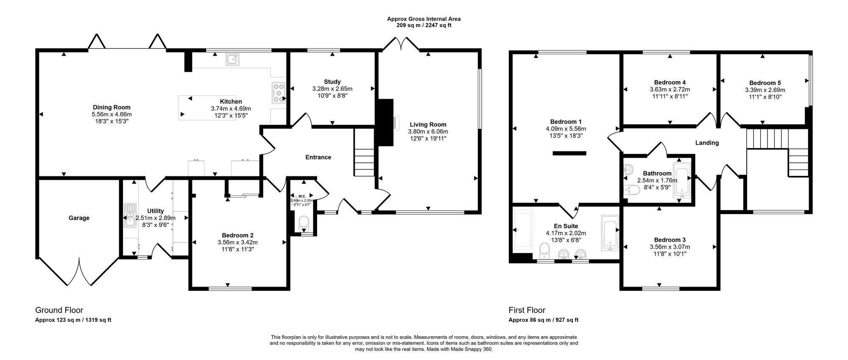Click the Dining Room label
(x=112, y=107)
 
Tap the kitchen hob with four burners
(x=278, y=92)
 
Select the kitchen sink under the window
(x=232, y=59)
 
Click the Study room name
(x=332, y=82)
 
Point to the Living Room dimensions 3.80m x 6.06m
(x=428, y=131)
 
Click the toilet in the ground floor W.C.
(x=304, y=222)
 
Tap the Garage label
(x=79, y=218)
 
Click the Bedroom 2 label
(x=237, y=235)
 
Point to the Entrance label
(x=318, y=157)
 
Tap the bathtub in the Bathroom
(x=682, y=184)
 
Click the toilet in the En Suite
(x=543, y=251)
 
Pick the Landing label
(x=707, y=143)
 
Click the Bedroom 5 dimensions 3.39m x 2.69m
(x=765, y=90)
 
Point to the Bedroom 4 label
(x=670, y=82)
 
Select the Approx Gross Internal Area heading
(x=424, y=19)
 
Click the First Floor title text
(x=527, y=310)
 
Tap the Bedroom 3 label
(x=669, y=240)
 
